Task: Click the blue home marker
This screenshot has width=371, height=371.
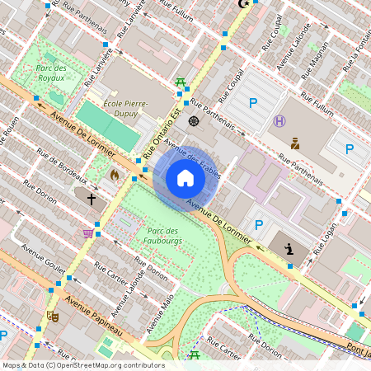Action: coord(185,178)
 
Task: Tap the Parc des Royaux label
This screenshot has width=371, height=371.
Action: coord(51,72)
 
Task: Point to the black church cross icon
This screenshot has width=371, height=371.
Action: coord(92,198)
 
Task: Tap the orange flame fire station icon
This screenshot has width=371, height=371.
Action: coord(114,175)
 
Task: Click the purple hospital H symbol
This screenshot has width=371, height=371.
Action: coord(279,121)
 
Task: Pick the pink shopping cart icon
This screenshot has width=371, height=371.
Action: coord(87,233)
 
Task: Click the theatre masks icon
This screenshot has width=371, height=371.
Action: coord(54,316)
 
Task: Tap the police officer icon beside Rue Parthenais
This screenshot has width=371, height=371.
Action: coord(294,143)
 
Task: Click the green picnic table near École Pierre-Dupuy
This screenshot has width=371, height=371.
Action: coord(180,82)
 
